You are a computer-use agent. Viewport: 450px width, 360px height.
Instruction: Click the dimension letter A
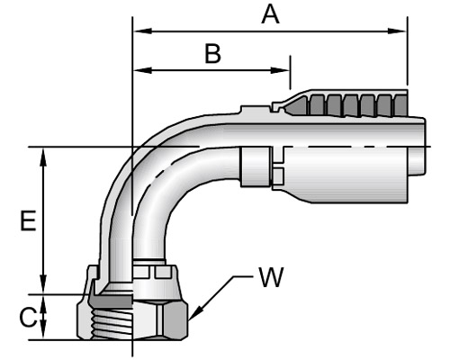point(270,15)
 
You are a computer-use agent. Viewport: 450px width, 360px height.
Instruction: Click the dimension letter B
point(212,54)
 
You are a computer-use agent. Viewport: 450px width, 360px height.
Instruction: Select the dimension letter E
point(28,220)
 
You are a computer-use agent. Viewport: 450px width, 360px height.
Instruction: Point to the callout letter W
point(271,277)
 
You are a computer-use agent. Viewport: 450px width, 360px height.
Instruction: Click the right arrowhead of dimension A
point(397,31)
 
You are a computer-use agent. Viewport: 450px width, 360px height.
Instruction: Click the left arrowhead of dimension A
point(142,31)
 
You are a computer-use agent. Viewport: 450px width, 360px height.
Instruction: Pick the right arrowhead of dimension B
point(280,70)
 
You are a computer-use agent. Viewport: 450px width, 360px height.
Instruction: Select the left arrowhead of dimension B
point(142,70)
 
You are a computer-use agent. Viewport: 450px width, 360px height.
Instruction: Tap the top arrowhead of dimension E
point(43,157)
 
